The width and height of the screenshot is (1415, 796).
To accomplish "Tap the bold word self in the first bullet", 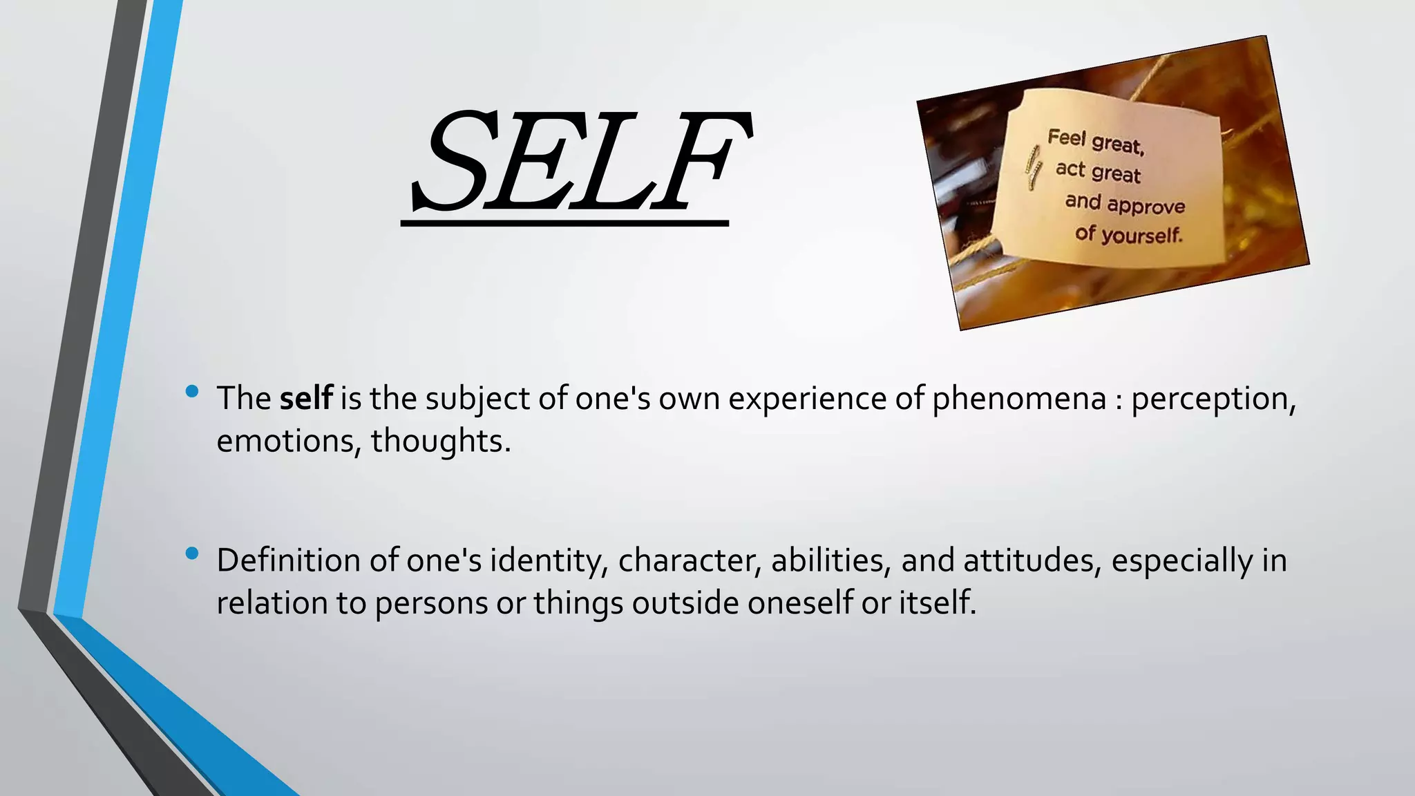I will (x=306, y=398).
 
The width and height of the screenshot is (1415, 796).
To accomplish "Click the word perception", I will (x=1213, y=398).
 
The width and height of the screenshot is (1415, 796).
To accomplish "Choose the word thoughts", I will (x=440, y=441).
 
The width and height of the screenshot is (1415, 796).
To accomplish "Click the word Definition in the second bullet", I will (x=289, y=560).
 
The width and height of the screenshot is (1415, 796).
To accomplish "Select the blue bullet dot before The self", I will (x=192, y=392).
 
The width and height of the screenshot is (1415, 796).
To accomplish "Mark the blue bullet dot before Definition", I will (x=192, y=553).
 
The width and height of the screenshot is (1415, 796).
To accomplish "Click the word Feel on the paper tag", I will (x=1067, y=138).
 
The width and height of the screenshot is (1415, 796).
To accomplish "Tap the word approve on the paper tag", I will (x=1148, y=205).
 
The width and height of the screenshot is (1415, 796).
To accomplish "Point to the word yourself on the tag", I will (x=1141, y=236).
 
